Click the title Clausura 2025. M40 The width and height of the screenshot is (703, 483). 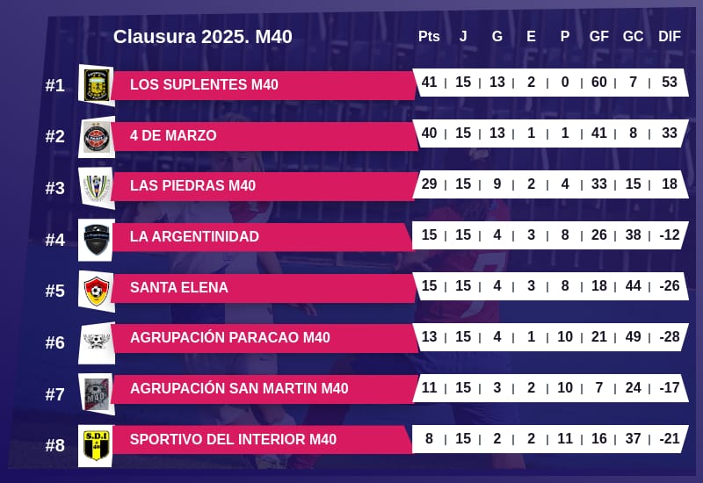click(202, 37)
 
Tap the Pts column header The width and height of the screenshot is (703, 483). click(429, 37)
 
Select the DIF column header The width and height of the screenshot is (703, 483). click(670, 37)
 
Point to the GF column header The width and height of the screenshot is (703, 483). click(599, 37)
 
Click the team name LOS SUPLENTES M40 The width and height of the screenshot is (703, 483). click(204, 85)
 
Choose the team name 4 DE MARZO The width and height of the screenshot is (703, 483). click(173, 136)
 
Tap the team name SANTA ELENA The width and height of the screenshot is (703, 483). click(179, 288)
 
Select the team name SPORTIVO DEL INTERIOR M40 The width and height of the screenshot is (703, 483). click(233, 440)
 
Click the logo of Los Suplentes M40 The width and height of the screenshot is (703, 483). click(96, 85)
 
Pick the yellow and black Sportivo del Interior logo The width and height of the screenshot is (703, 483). click(96, 445)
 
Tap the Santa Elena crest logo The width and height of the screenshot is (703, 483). click(96, 290)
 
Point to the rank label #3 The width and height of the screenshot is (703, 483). click(55, 188)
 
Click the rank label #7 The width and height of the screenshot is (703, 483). click(55, 394)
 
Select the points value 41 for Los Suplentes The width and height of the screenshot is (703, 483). click(429, 83)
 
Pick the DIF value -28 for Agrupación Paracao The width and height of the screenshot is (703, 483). click(670, 337)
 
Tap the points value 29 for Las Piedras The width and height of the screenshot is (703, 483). click(429, 184)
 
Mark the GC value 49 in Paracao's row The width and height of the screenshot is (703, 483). click(633, 337)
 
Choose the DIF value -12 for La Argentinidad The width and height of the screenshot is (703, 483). click(670, 235)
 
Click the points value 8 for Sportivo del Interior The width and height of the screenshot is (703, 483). click(429, 439)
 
